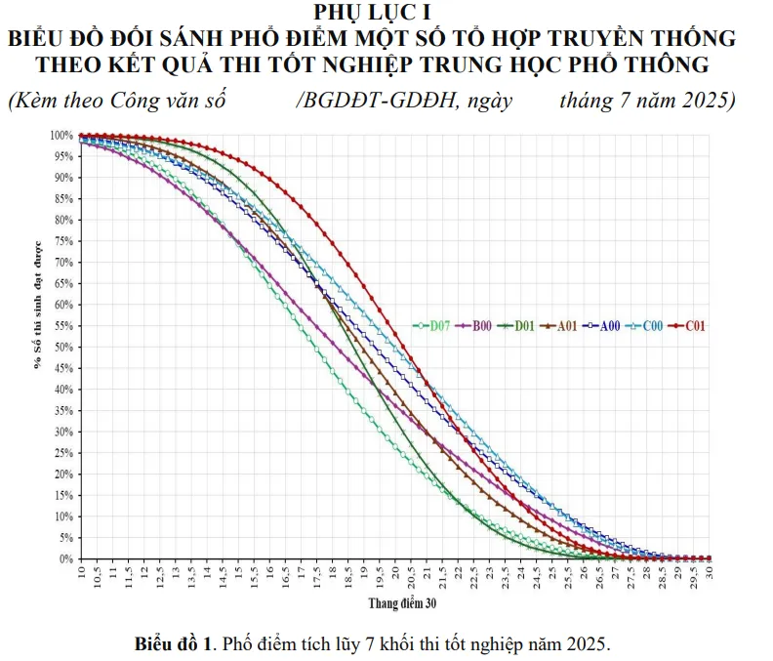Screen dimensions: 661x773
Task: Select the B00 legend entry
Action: coord(478,326)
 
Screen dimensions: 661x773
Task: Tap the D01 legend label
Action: coord(520,326)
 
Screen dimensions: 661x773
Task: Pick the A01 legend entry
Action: coord(563,326)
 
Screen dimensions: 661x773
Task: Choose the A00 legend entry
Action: coord(605,326)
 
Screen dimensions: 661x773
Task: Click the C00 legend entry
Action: coord(647,326)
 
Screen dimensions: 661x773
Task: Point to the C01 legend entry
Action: coord(690,326)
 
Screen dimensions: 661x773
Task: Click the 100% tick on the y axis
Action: coord(61,136)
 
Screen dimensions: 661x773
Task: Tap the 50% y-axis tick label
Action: coord(64,348)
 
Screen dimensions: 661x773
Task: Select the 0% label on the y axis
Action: coord(66,558)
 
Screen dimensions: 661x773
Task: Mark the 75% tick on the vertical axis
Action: coord(64,241)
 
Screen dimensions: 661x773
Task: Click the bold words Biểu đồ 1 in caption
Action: coord(174,644)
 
